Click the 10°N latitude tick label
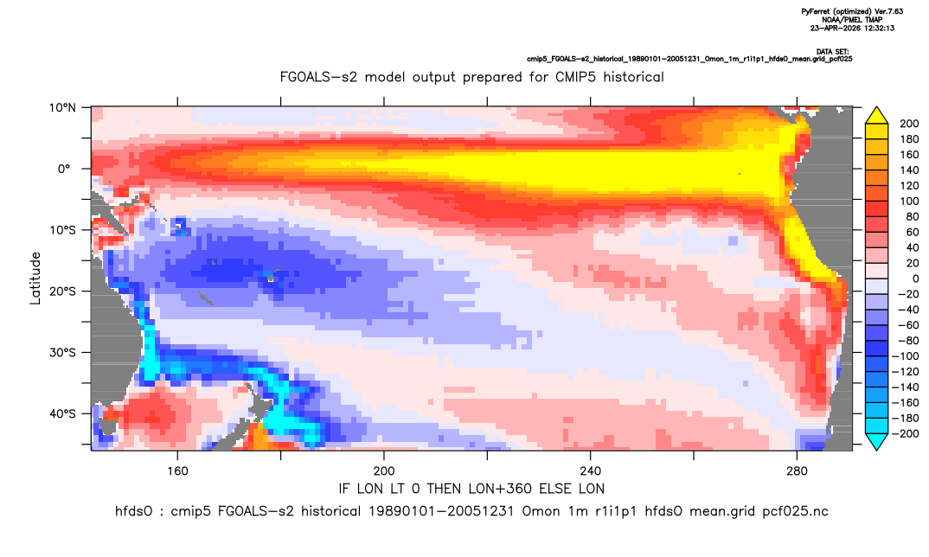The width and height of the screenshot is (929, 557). [62, 108]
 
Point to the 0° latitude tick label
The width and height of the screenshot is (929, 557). [64, 169]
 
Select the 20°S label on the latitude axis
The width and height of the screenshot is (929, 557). [62, 291]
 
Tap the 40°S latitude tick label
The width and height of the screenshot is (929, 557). [62, 413]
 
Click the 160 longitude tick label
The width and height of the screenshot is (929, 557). [177, 471]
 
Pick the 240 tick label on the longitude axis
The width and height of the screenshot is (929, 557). [591, 471]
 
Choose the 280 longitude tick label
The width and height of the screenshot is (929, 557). [797, 471]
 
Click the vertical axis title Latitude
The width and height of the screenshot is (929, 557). [35, 278]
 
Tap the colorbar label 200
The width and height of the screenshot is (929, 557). [909, 124]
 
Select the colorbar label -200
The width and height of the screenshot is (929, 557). [906, 433]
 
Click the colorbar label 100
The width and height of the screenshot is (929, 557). [909, 201]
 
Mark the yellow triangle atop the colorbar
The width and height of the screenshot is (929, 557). [876, 116]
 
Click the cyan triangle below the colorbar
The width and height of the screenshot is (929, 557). [876, 441]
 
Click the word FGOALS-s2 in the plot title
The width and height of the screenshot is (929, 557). [319, 77]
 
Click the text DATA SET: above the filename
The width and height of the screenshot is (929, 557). [832, 52]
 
